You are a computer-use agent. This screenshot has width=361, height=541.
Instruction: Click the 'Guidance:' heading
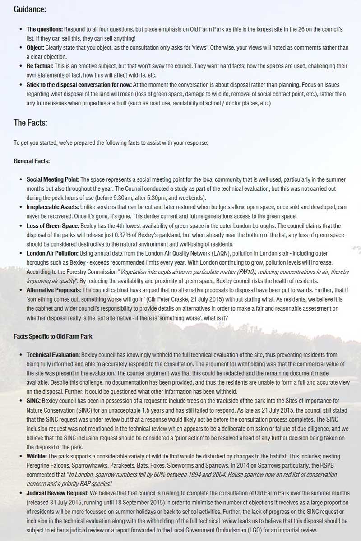tap(30, 9)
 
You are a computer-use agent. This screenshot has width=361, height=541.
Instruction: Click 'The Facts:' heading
tap(30, 122)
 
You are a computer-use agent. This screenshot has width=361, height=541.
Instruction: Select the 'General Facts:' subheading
tap(32, 161)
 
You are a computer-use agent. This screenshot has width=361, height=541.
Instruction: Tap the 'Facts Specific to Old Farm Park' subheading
tap(53, 337)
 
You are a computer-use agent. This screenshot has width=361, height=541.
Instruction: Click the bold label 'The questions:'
tap(45, 29)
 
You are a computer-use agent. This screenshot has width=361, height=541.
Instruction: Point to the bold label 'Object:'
tap(35, 47)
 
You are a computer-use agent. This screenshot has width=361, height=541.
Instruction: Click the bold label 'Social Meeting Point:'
tap(53, 179)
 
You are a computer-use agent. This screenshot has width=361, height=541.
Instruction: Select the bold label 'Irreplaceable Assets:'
tap(52, 207)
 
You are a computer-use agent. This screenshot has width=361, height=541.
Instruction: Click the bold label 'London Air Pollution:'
tap(52, 253)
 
